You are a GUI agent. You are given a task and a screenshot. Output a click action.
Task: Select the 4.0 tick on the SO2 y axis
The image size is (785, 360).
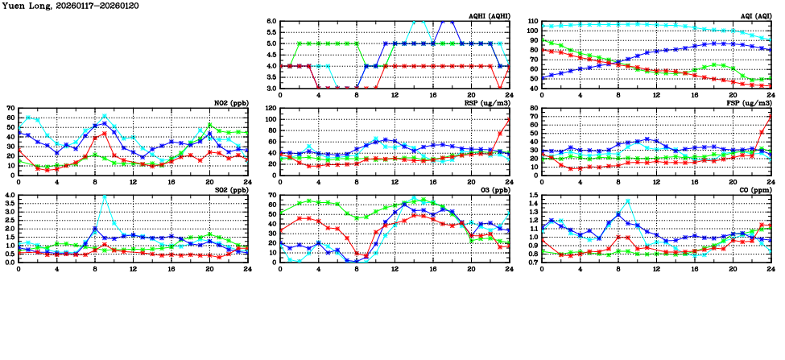coord(9,195)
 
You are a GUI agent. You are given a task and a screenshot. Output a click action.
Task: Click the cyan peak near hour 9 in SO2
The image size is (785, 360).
coord(104,197)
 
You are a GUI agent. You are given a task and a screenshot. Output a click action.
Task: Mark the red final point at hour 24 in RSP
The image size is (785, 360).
coord(509,120)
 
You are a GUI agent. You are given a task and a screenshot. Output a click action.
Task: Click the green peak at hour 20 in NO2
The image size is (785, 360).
coord(209,125)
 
